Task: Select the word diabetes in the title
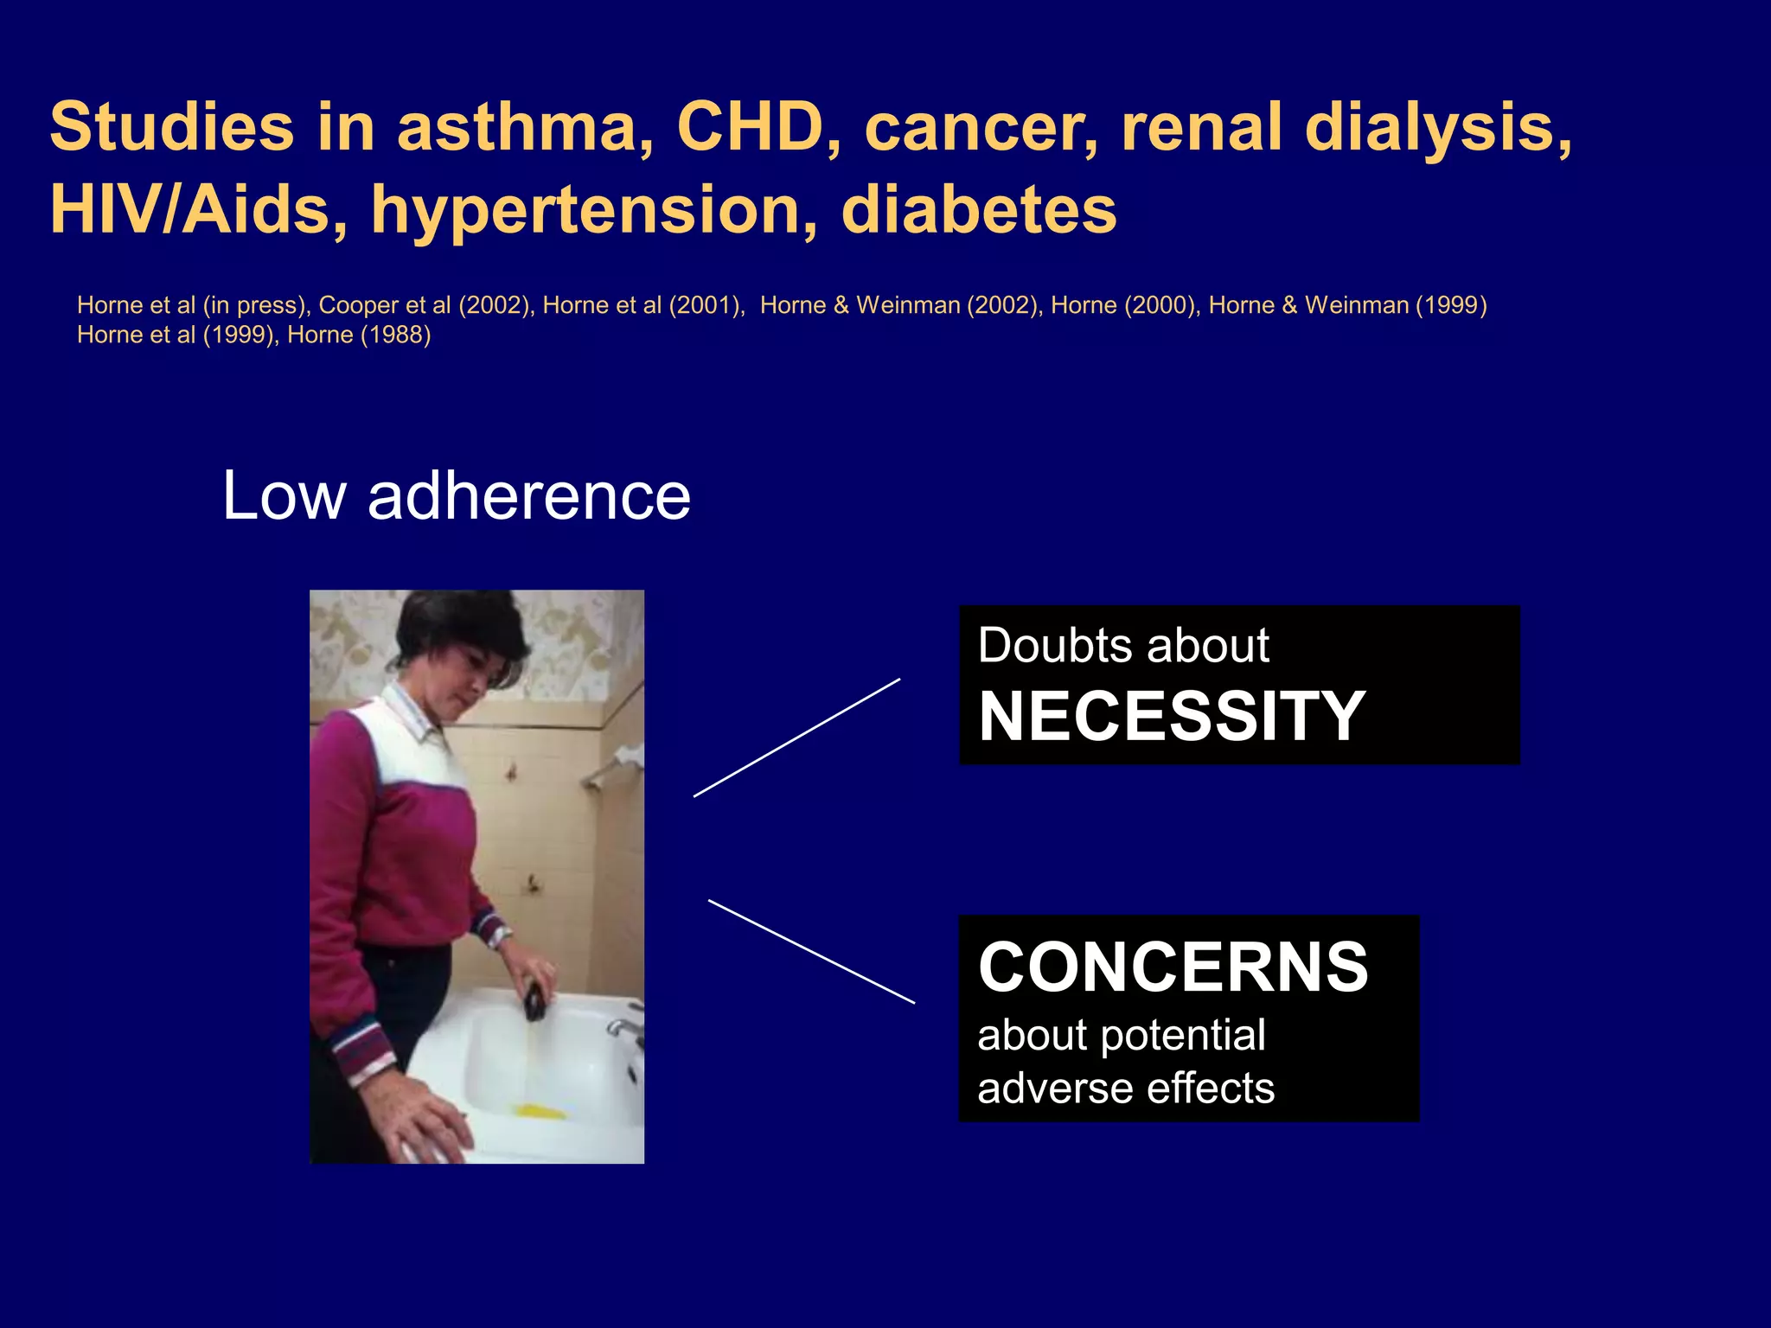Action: pyautogui.click(x=978, y=210)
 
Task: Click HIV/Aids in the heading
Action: pyautogui.click(x=191, y=210)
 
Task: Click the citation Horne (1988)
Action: pyautogui.click(x=359, y=335)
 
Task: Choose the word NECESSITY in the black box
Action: pyautogui.click(x=1171, y=717)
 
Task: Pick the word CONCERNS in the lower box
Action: pyautogui.click(x=1173, y=967)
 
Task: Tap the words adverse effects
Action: pyautogui.click(x=1125, y=1088)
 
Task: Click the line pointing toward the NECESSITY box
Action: pyautogui.click(x=796, y=737)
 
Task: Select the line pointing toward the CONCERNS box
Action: pyautogui.click(x=811, y=951)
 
